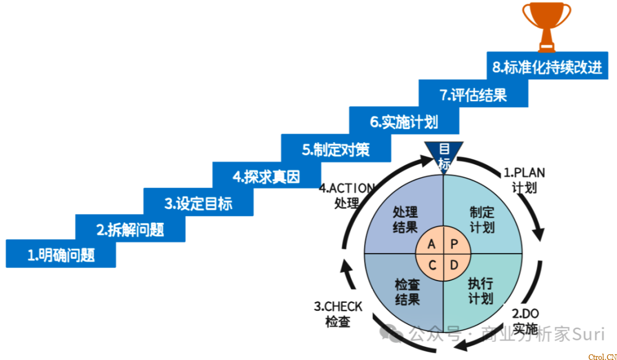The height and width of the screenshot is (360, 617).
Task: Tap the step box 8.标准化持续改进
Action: click(547, 67)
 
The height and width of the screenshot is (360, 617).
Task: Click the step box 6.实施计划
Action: click(404, 122)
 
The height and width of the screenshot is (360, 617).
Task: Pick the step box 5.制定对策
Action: click(336, 150)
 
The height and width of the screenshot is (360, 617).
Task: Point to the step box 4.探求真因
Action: click(266, 177)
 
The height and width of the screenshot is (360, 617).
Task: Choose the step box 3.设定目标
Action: click(198, 203)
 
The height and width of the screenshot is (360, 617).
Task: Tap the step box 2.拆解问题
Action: click(130, 229)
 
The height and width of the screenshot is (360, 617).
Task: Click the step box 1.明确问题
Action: click(61, 255)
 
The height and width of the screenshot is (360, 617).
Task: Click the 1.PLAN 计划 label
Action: click(524, 179)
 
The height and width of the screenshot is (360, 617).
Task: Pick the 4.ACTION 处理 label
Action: click(347, 195)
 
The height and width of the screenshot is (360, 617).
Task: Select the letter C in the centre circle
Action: click(433, 265)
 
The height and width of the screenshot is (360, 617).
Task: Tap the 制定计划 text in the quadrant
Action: click(482, 219)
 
